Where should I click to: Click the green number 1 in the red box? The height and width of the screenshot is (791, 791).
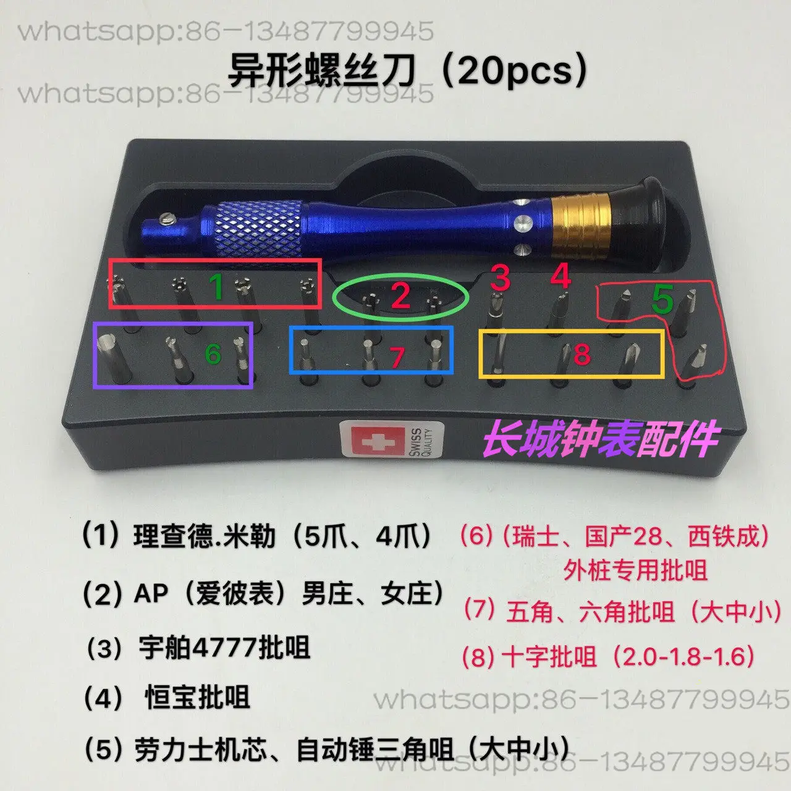216,286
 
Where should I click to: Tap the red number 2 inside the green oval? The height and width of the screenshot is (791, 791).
400,296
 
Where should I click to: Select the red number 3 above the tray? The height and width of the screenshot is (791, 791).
501,277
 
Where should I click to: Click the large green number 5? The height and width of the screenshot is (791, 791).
662,300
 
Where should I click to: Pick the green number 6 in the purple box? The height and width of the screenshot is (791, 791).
213,353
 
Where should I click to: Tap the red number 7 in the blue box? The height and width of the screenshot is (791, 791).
397,357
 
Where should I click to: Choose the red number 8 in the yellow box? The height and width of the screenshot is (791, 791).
582,354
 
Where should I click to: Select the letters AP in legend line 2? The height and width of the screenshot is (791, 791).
151,594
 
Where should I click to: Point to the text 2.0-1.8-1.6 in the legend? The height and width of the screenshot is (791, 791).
688,656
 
